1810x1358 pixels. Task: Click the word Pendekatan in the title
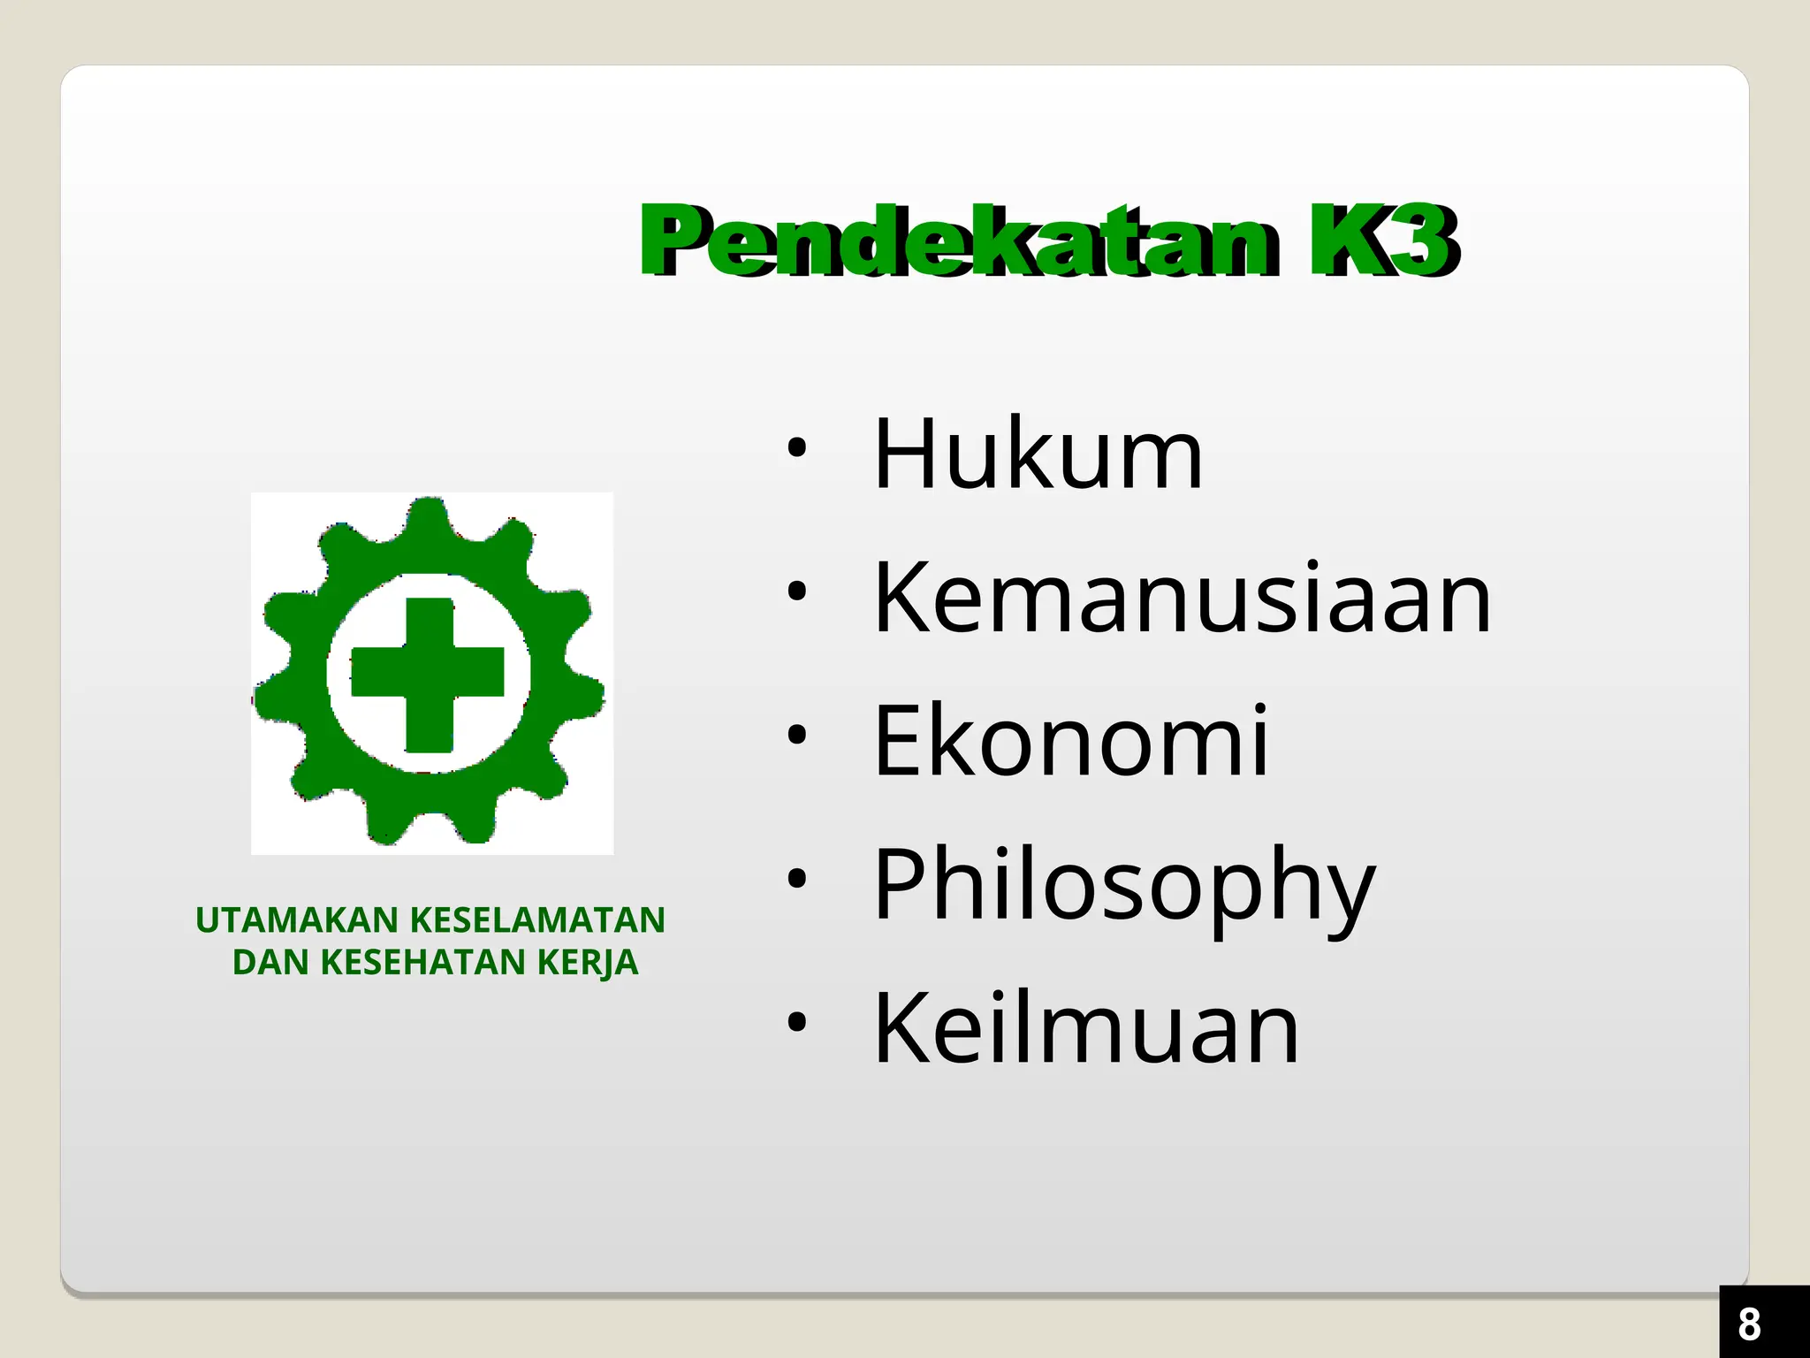click(x=959, y=240)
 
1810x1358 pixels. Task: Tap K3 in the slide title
click(x=1383, y=240)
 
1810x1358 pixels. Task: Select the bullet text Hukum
click(x=1038, y=455)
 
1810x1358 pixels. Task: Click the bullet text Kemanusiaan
click(x=1182, y=599)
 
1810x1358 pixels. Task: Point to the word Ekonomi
click(x=1070, y=743)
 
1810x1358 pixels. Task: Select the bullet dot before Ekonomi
click(x=797, y=735)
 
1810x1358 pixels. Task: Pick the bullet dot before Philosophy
click(x=797, y=879)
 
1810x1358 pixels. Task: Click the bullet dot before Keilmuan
click(x=797, y=1022)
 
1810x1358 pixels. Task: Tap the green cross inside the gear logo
click(x=429, y=674)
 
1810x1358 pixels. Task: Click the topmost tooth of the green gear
click(x=430, y=517)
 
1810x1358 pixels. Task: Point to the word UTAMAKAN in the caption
click(x=297, y=920)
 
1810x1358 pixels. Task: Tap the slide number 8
click(x=1749, y=1324)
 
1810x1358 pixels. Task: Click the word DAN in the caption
click(x=270, y=963)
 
